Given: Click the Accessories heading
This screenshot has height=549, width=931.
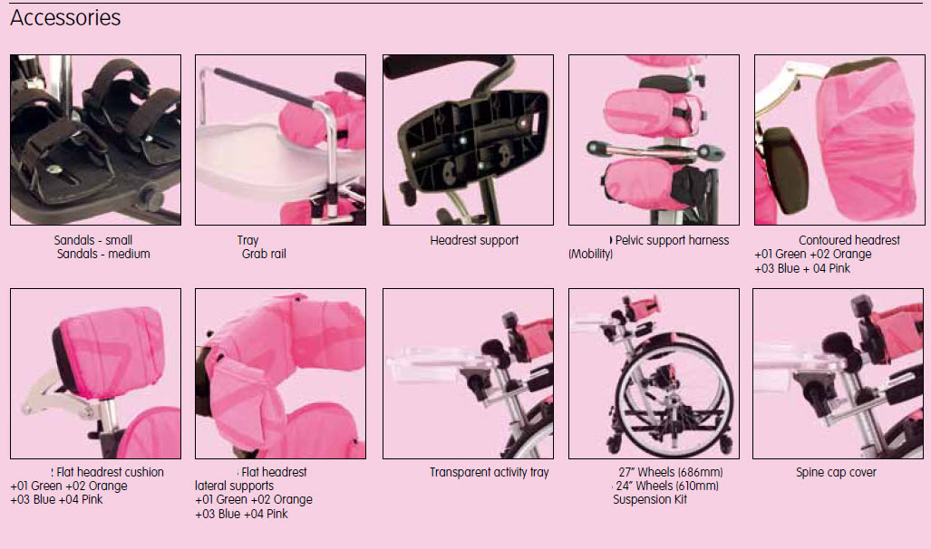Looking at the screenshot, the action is tap(65, 18).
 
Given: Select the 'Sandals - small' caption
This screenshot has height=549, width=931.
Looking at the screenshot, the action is tap(93, 240).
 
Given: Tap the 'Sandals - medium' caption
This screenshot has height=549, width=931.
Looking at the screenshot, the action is tap(103, 254).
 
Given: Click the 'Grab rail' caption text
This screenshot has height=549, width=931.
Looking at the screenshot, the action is tap(264, 254).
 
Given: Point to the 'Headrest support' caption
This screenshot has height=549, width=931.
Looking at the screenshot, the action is tap(474, 240).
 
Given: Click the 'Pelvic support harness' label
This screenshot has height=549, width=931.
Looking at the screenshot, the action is tap(672, 240).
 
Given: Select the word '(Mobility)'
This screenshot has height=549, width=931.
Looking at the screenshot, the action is tap(590, 254).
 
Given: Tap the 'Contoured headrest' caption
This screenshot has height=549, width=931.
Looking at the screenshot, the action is tap(849, 240).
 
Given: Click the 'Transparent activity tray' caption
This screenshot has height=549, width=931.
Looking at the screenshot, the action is tap(490, 472).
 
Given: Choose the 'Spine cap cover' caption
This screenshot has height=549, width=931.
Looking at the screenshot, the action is tap(836, 472).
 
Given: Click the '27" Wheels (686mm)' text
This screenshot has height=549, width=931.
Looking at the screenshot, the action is tap(670, 472).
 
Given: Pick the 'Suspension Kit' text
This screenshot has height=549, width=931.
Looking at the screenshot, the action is tap(650, 500).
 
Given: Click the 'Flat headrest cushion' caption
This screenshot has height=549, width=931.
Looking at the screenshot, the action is tap(110, 472).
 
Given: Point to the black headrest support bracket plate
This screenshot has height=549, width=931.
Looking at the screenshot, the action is tap(472, 140).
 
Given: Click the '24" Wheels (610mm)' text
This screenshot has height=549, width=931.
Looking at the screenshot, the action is tap(667, 486).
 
